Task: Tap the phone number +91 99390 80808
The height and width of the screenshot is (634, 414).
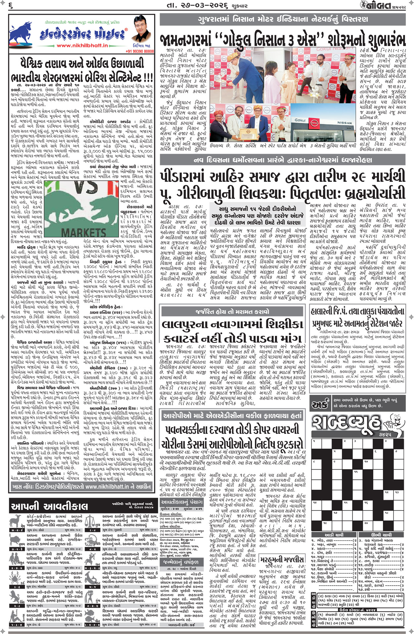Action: click(139, 51)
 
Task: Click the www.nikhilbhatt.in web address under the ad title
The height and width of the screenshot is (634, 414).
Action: click(87, 46)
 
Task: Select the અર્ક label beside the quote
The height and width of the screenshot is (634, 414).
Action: click(320, 404)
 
